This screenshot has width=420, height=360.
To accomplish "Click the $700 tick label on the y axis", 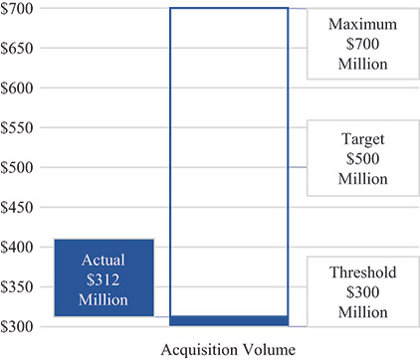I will coord(19,9).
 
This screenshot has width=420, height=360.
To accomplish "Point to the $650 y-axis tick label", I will coord(19,49).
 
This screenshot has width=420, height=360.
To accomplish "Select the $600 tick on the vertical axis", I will coord(19,89).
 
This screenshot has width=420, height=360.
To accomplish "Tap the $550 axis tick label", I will coord(19,128).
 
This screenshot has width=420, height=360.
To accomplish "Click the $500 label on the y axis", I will coord(19,168).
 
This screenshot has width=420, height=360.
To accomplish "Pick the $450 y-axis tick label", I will coord(19,208).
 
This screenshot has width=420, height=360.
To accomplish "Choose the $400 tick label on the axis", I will coord(19,248).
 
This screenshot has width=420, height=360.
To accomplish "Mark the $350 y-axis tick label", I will coord(19,287).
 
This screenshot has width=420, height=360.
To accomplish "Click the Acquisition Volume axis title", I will coord(227,348).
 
